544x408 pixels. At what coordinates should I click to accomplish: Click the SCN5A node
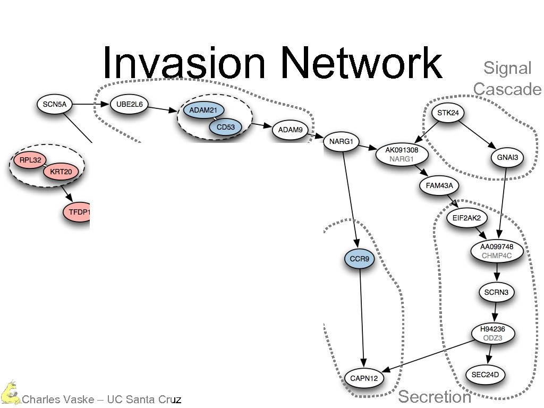pyautogui.click(x=55, y=104)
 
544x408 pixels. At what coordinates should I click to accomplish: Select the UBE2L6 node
pyautogui.click(x=129, y=105)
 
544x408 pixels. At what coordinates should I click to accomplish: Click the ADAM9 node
pyautogui.click(x=290, y=129)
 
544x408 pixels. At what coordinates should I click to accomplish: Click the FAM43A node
pyautogui.click(x=438, y=186)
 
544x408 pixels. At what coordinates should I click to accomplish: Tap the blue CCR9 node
pyautogui.click(x=360, y=259)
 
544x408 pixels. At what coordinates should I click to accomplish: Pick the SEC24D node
pyautogui.click(x=486, y=375)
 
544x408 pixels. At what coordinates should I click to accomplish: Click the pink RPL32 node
pyautogui.click(x=29, y=159)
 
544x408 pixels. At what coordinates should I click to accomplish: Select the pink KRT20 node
pyautogui.click(x=60, y=172)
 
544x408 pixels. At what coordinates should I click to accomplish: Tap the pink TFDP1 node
pyautogui.click(x=79, y=212)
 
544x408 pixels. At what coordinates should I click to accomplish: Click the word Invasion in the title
pyautogui.click(x=183, y=63)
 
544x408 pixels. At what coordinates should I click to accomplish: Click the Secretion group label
pyautogui.click(x=435, y=396)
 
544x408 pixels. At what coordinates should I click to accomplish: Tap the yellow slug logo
pyautogui.click(x=10, y=393)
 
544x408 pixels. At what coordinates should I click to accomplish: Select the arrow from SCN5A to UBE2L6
pyautogui.click(x=90, y=105)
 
